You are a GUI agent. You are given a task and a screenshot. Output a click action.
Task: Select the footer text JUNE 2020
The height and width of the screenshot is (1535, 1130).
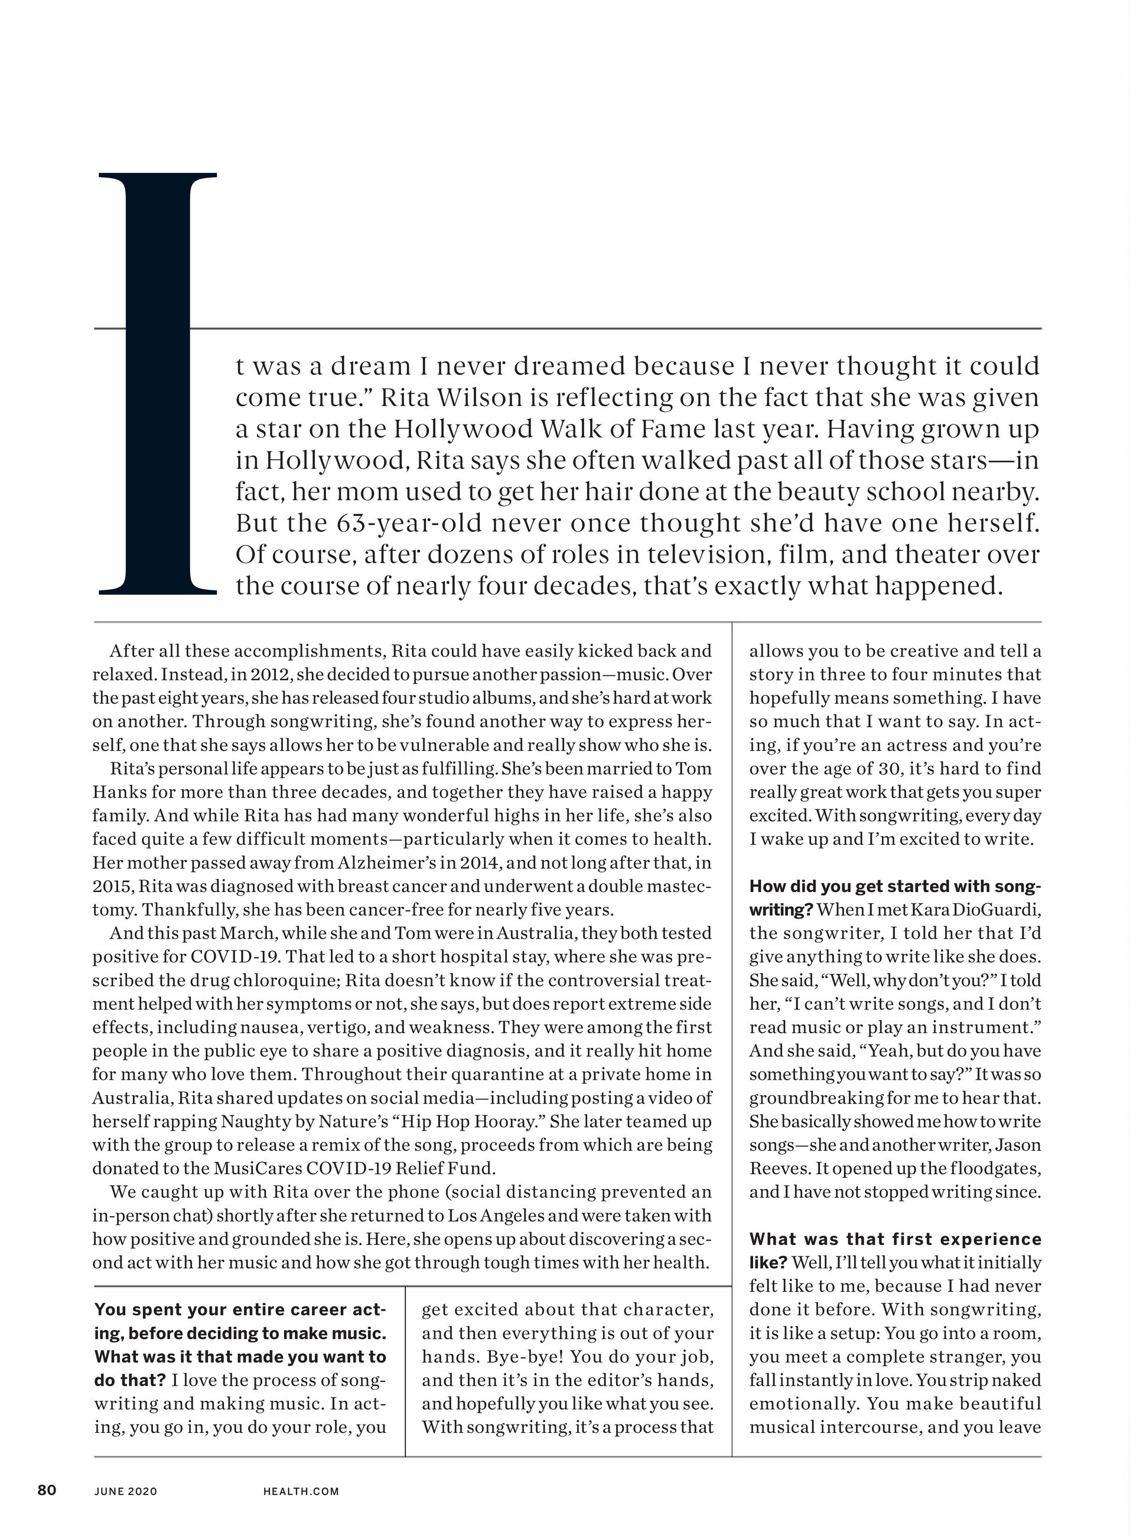click(126, 1491)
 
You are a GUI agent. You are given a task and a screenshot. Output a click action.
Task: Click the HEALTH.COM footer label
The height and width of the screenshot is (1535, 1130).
click(301, 1491)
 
